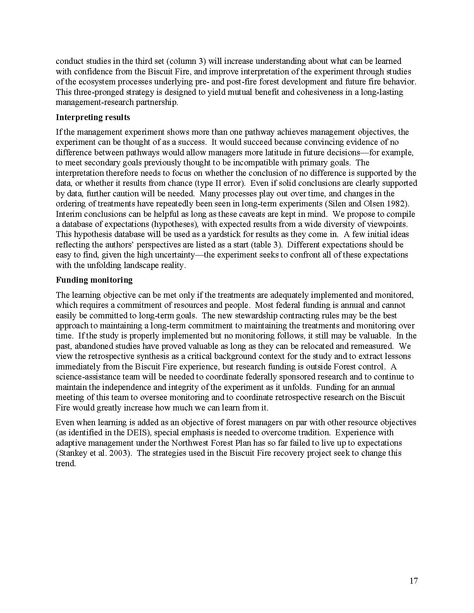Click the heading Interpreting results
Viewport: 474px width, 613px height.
93,117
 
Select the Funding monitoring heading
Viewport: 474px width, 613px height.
94,280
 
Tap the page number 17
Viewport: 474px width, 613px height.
414,580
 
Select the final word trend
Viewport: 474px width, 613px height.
65,464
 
